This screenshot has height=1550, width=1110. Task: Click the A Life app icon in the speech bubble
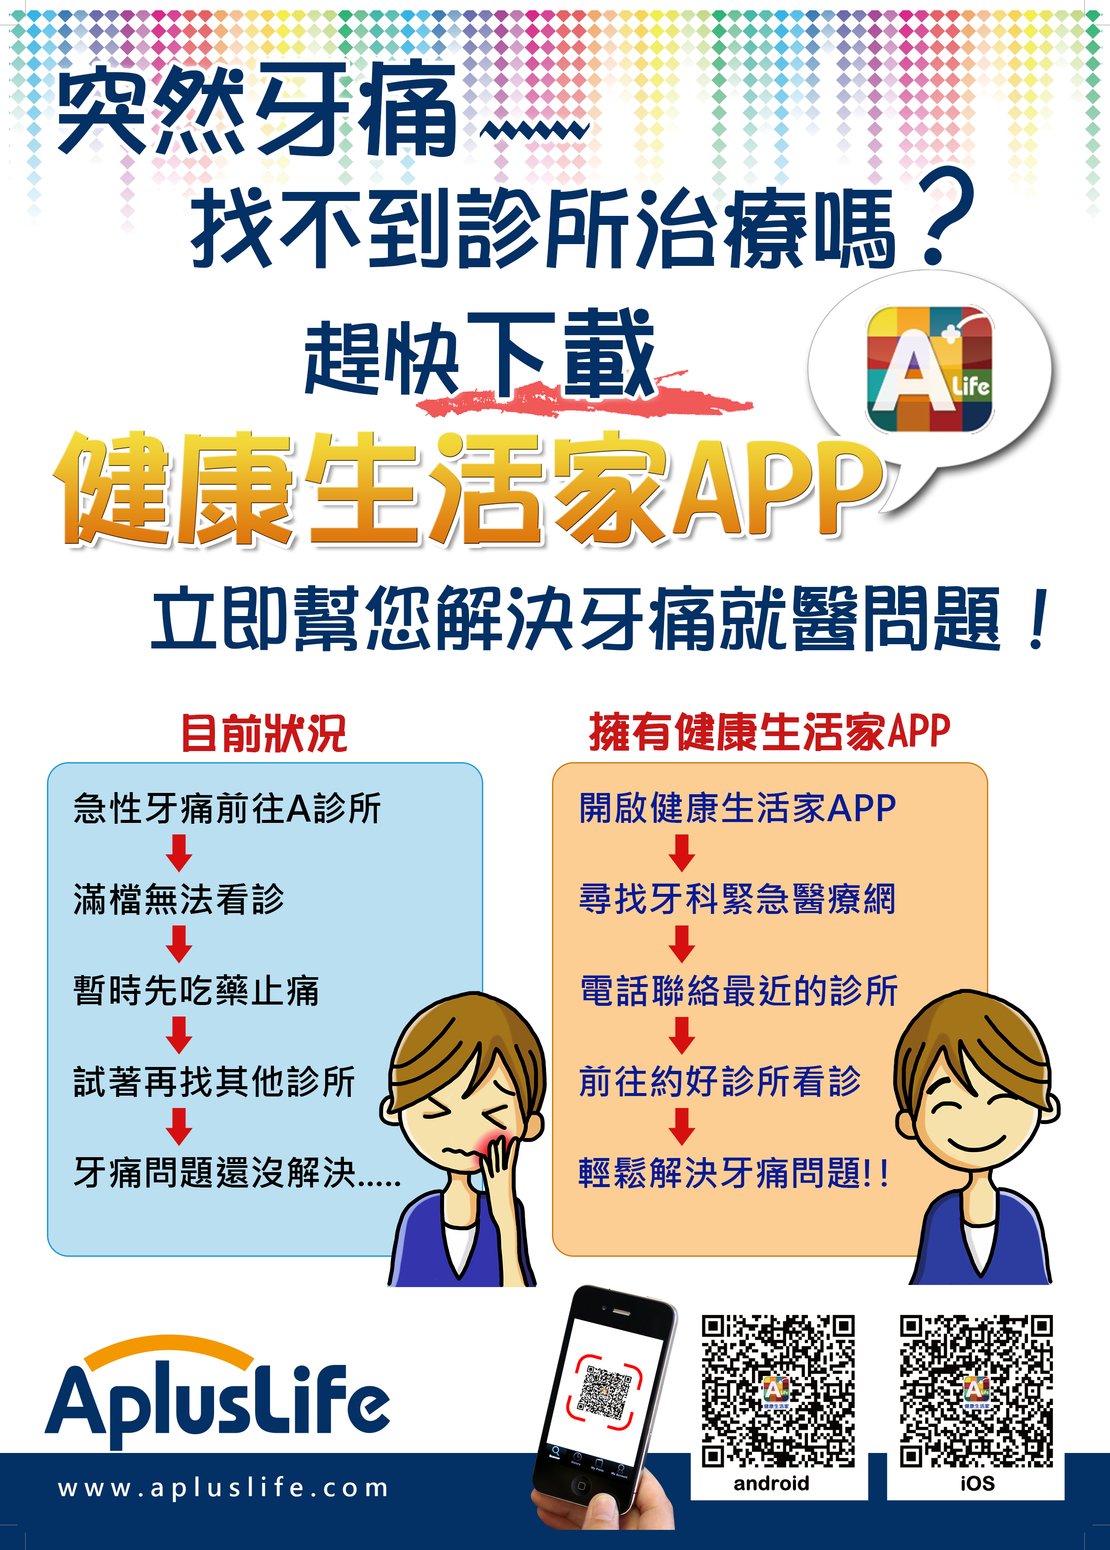click(930, 369)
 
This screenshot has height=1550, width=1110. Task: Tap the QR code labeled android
click(778, 1391)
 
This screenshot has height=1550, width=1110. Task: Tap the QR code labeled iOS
click(976, 1391)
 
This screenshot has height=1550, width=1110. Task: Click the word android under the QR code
click(771, 1484)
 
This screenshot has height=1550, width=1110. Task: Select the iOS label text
click(978, 1484)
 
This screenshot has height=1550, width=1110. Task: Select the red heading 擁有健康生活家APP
click(770, 731)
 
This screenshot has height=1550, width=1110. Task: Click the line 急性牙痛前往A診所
click(227, 808)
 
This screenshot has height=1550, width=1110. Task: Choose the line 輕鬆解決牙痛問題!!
click(734, 1173)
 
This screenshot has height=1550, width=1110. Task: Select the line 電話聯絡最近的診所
click(738, 990)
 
